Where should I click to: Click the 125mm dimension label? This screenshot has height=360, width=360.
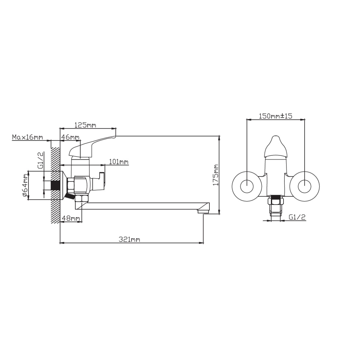tap(85, 125)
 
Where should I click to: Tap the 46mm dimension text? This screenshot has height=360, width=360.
tap(70, 137)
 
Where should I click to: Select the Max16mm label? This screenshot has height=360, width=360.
tap(28, 137)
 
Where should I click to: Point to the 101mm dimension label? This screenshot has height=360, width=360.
tap(119, 162)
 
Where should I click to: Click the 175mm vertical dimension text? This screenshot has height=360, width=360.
tap(216, 175)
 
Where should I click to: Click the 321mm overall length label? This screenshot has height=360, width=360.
tap(130, 240)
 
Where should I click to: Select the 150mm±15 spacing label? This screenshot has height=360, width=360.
tap(275, 116)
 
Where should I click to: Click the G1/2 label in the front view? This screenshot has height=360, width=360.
tap(297, 217)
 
